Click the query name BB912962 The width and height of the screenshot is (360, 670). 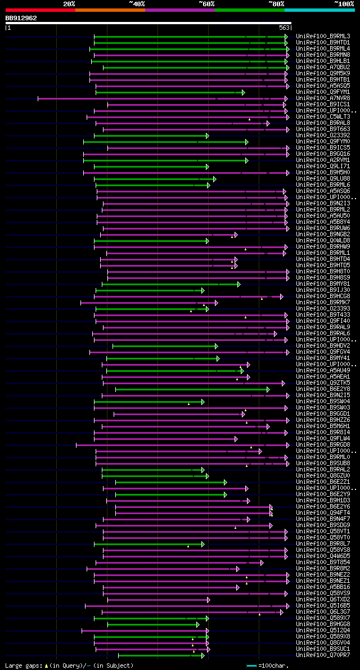(x=21, y=18)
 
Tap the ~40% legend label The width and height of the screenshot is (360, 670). (x=137, y=3)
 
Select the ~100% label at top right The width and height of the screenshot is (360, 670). (x=344, y=3)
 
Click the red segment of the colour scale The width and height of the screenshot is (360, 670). (x=40, y=10)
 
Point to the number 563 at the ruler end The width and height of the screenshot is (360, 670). (x=284, y=27)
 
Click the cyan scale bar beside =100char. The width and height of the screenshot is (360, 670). (x=251, y=665)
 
